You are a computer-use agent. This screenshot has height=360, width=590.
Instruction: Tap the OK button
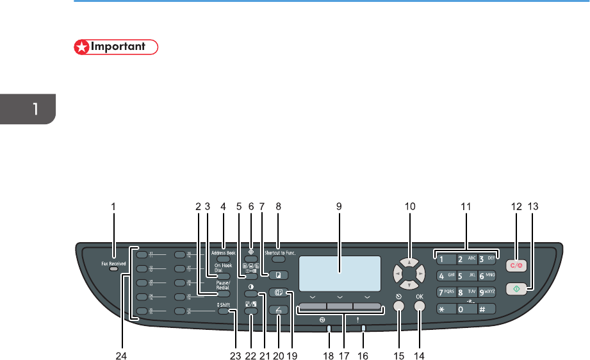pos(420,306)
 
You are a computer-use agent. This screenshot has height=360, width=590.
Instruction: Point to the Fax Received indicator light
pos(113,270)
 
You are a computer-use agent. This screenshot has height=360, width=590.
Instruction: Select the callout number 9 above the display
pos(339,206)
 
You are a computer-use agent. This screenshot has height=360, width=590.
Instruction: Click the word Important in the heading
pos(126,47)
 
